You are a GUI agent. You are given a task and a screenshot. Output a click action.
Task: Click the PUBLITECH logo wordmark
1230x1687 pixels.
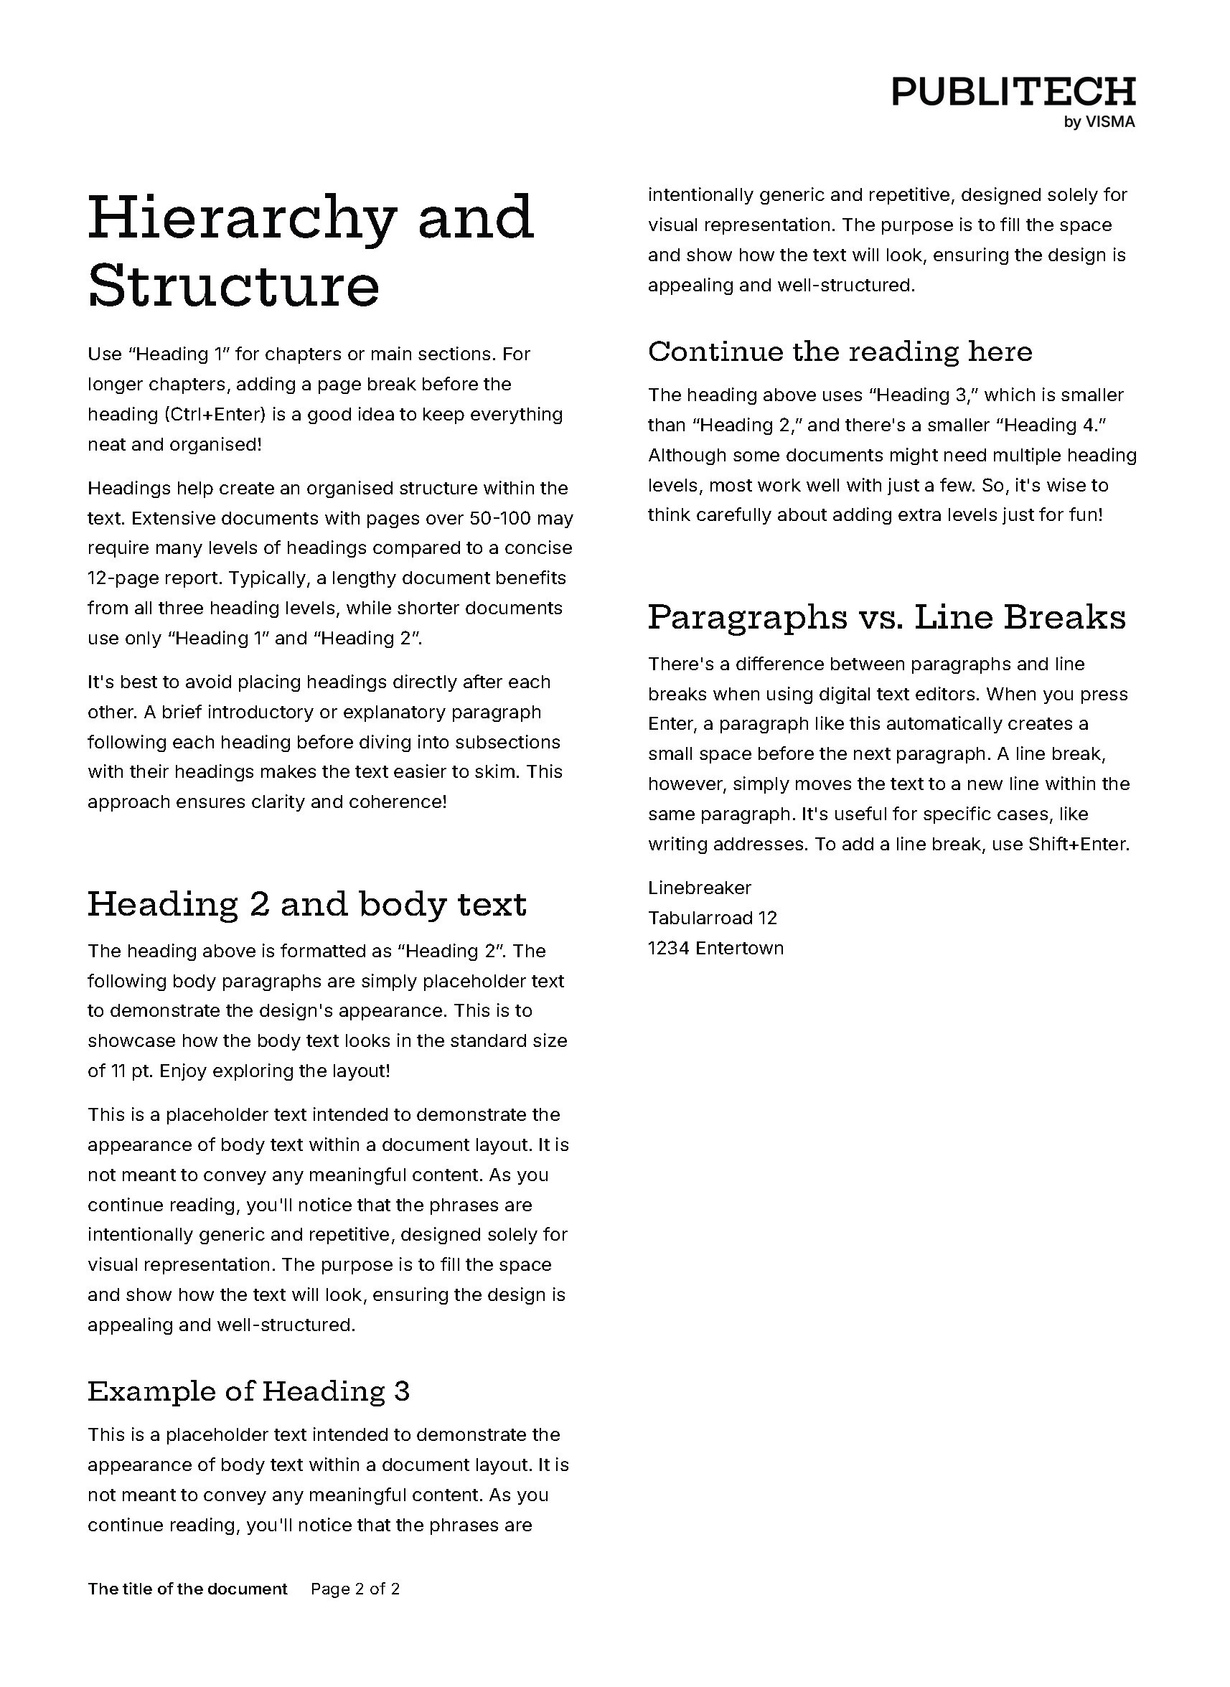coord(1013,93)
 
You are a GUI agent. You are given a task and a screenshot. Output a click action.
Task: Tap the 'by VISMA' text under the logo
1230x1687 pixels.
coord(1099,123)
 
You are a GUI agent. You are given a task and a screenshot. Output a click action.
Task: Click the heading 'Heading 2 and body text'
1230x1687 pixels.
coord(306,904)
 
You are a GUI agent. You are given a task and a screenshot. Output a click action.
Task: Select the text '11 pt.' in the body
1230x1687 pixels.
coord(132,1071)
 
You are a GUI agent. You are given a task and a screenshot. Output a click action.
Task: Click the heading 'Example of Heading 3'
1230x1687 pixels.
coord(249,1391)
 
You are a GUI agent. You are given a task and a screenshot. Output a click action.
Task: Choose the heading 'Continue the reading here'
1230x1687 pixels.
coord(840,352)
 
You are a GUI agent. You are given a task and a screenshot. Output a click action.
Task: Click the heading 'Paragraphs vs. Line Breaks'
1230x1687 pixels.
coord(886,617)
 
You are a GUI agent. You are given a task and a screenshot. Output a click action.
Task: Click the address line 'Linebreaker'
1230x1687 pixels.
coord(699,888)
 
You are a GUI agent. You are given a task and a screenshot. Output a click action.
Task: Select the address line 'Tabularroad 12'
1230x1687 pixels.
coord(712,918)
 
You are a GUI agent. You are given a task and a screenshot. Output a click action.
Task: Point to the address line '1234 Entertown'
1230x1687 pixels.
coord(715,949)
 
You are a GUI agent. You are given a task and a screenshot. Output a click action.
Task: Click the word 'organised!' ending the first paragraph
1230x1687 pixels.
coord(215,445)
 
